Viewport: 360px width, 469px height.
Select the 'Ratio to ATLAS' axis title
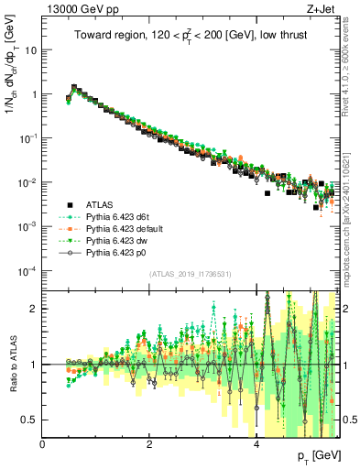pos(13,365)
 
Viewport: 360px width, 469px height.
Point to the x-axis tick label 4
pos(256,444)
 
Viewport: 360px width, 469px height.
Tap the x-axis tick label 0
pos(43,444)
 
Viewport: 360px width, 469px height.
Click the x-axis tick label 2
pos(149,444)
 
